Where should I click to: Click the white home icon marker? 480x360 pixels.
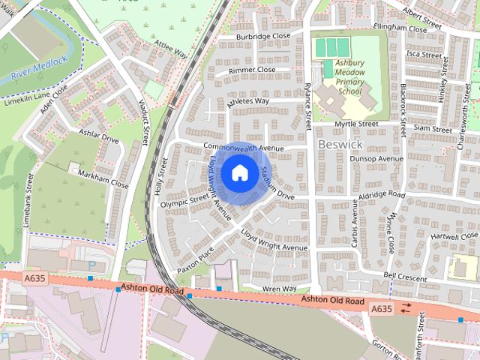tap(239, 173)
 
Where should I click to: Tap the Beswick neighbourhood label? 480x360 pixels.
tap(340, 142)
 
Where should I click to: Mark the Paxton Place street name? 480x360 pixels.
tap(196, 260)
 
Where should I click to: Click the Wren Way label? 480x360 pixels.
tap(279, 289)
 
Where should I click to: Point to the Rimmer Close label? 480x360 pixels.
tap(252, 70)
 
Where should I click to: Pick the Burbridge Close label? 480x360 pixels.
tap(263, 36)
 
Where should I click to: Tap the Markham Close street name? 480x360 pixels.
tap(104, 178)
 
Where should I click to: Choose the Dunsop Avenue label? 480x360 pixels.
tap(377, 159)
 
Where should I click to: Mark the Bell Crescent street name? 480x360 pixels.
tap(405, 276)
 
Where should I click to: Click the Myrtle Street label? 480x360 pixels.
tap(356, 124)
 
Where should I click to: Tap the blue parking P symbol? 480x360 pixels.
tap(91, 265)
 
